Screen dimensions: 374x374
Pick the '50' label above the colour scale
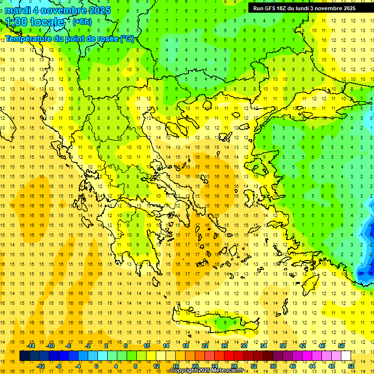[x=341, y=346]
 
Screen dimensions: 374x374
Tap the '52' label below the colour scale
[x=351, y=366]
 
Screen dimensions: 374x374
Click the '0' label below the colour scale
[x=96, y=366]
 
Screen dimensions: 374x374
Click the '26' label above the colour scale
[x=224, y=346]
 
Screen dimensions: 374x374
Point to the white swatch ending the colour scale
[x=346, y=356]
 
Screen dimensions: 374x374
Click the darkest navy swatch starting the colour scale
[x=24, y=356]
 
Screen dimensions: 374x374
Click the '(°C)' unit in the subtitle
[x=127, y=38]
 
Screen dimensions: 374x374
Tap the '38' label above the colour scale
[x=282, y=346]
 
